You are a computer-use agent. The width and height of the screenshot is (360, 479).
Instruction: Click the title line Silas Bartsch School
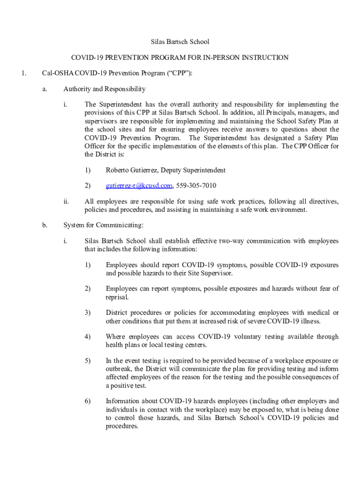(180, 42)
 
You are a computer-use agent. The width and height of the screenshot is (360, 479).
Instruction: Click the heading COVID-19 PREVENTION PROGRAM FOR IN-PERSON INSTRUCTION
(180, 58)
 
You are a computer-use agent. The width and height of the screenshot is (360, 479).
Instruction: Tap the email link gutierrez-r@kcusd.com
(139, 186)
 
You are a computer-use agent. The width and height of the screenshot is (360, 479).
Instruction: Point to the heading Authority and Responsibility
(104, 89)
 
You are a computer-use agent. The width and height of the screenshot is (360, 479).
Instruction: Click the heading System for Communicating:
(103, 225)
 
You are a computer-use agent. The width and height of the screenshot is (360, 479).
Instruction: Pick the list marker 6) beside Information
(87, 401)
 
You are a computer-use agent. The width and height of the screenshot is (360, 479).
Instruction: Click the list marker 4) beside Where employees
(87, 337)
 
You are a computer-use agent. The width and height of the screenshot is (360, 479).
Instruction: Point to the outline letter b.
(44, 225)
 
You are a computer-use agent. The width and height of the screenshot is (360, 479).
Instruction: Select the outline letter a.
(44, 89)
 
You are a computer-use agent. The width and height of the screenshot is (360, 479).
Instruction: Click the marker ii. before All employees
(66, 202)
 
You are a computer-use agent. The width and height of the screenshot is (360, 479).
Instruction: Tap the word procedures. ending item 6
(122, 427)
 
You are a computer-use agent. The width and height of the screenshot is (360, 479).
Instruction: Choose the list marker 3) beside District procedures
(87, 312)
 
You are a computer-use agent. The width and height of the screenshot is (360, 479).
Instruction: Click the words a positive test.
(126, 386)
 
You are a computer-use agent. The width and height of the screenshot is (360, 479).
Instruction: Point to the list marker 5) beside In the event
(87, 361)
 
